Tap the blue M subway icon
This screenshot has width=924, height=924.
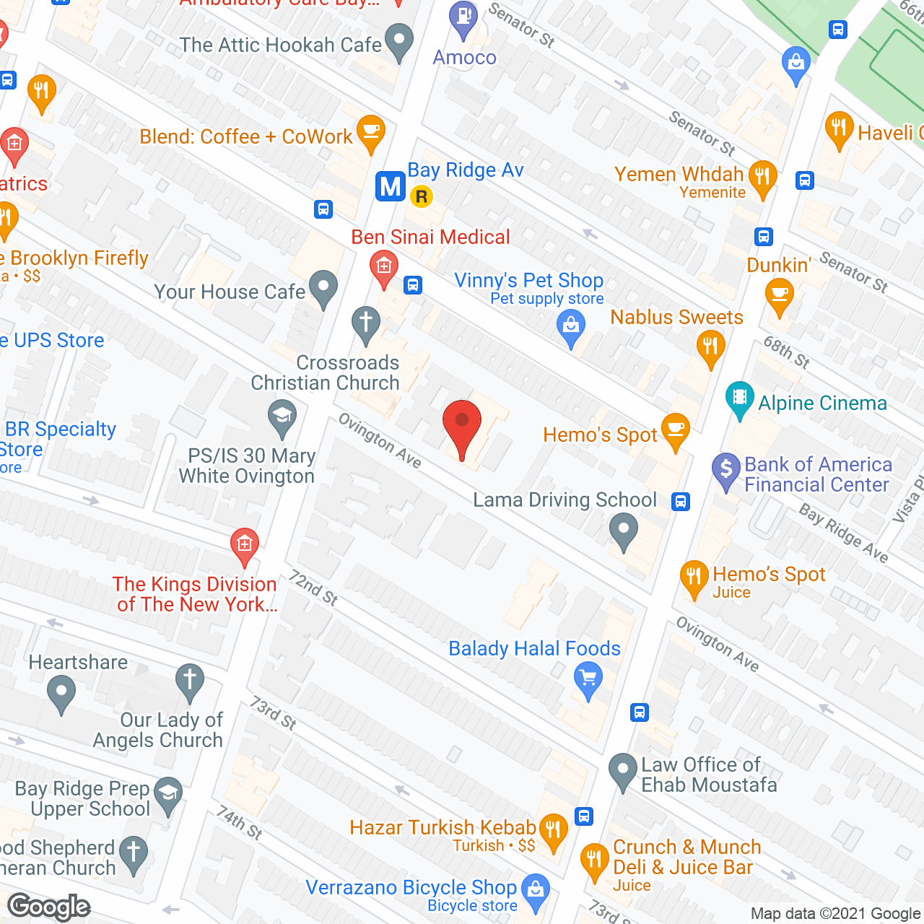click(391, 186)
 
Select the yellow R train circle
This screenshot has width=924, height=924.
click(421, 196)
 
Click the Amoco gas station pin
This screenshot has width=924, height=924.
click(463, 17)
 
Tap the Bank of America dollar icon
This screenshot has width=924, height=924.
click(726, 468)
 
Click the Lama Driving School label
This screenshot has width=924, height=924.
click(565, 500)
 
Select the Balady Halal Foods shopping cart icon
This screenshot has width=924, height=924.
click(589, 679)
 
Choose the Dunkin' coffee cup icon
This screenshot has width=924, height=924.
click(779, 295)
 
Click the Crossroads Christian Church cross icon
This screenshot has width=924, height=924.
click(366, 321)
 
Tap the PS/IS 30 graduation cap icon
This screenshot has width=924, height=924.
click(282, 416)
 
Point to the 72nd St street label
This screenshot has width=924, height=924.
click(314, 588)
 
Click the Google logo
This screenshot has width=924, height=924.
click(49, 907)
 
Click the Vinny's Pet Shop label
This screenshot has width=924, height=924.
click(528, 280)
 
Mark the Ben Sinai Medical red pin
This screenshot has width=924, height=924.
click(383, 267)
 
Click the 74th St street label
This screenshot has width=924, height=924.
click(239, 823)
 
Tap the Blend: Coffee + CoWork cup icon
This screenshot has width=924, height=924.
click(371, 131)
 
